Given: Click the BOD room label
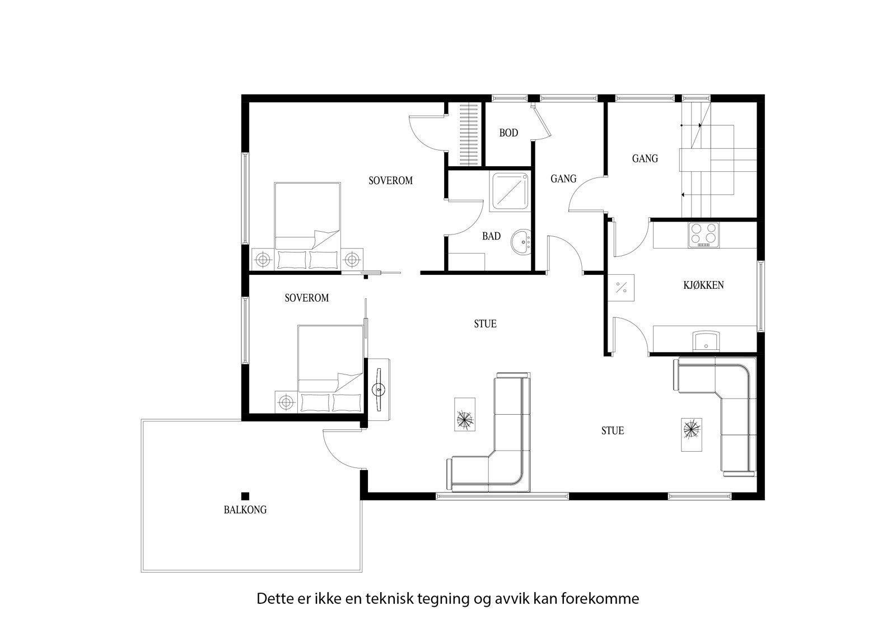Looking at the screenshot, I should (x=508, y=133).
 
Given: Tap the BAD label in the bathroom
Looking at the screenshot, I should (x=491, y=237).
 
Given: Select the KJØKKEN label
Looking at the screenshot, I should (x=703, y=285).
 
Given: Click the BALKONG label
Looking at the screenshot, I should (x=245, y=510).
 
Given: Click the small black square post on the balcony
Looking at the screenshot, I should (x=245, y=495).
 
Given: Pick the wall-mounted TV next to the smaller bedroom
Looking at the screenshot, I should (x=379, y=388).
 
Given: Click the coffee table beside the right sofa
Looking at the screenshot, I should (x=691, y=430).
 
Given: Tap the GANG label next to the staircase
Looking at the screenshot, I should (x=645, y=159).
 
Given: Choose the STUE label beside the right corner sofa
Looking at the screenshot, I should (x=612, y=431).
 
